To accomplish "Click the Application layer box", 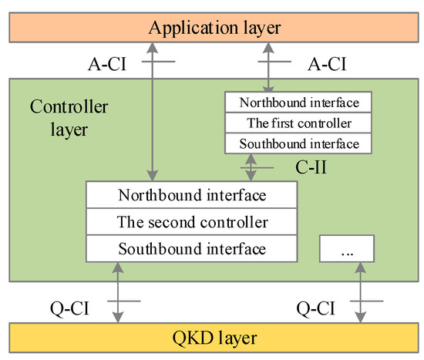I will tap(212, 29).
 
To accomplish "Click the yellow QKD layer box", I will tap(212, 338).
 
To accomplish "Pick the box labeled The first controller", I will tap(296, 123).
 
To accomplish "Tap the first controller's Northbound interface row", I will tap(296, 102).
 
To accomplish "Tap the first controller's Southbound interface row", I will tap(296, 143).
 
